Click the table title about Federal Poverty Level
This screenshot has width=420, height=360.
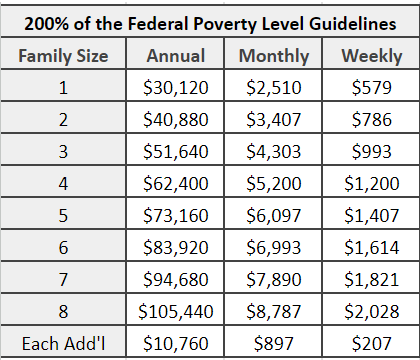pyautogui.click(x=209, y=22)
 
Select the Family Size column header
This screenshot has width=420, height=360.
pyautogui.click(x=66, y=55)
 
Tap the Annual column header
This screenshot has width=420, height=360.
pyautogui.click(x=177, y=55)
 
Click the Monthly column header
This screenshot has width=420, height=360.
pyautogui.click(x=274, y=55)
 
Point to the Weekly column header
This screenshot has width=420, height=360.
pyautogui.click(x=364, y=55)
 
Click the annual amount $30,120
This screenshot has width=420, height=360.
pyautogui.click(x=177, y=88)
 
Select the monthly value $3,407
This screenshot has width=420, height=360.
pyautogui.click(x=274, y=120)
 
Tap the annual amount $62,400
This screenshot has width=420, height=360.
pyautogui.click(x=177, y=184)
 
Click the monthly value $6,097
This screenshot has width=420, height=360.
pyautogui.click(x=274, y=216)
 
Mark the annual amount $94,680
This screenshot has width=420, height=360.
pyautogui.click(x=177, y=280)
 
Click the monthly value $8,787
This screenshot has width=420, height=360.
pyautogui.click(x=274, y=312)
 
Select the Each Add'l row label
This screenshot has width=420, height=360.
pyautogui.click(x=66, y=344)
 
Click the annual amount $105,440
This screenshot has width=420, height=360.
pyautogui.click(x=177, y=312)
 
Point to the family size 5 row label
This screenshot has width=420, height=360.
pyautogui.click(x=66, y=216)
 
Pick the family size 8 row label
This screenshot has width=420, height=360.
pyautogui.click(x=66, y=312)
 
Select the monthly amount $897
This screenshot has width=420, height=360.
pyautogui.click(x=274, y=344)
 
